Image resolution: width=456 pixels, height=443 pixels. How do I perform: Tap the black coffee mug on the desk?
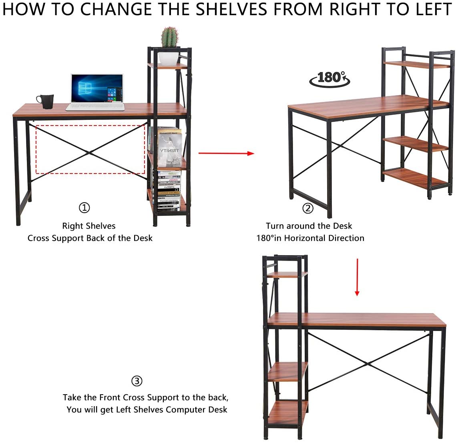tap(46, 102)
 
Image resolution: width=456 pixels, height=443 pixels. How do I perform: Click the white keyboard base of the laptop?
tap(95, 107)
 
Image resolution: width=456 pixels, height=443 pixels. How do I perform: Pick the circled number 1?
tap(84, 208)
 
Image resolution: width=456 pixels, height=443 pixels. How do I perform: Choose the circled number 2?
tap(307, 208)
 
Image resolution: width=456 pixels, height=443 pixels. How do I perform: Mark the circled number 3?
tap(137, 381)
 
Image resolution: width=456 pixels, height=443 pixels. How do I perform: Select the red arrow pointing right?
tap(226, 153)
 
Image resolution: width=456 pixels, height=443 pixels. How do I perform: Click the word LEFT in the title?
tap(431, 10)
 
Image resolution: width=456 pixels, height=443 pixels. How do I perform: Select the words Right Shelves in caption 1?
tap(89, 226)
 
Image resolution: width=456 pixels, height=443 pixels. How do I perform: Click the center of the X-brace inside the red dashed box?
tap(90, 152)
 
